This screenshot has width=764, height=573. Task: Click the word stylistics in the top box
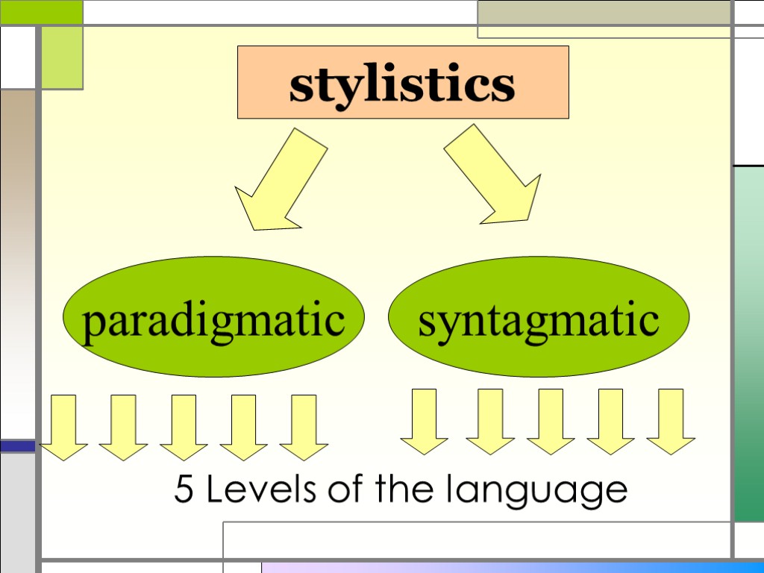point(402,84)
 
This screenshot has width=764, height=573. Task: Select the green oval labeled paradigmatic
point(213,317)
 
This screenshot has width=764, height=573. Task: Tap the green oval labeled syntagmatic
point(539,317)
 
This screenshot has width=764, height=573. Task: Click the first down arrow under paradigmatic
point(64,427)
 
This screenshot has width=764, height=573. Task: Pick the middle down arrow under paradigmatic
point(184,427)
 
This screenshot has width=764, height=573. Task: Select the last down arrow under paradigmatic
point(304,427)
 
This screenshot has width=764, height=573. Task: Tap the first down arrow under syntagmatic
point(424,421)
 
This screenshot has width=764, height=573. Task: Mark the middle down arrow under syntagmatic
point(551,421)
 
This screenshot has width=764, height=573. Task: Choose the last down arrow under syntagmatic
point(671,421)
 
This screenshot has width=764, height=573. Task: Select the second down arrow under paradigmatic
point(123,427)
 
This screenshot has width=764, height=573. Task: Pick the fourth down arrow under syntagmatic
point(610,421)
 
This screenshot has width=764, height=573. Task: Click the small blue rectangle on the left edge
point(16,445)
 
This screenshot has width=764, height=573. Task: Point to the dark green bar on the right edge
point(748,343)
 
